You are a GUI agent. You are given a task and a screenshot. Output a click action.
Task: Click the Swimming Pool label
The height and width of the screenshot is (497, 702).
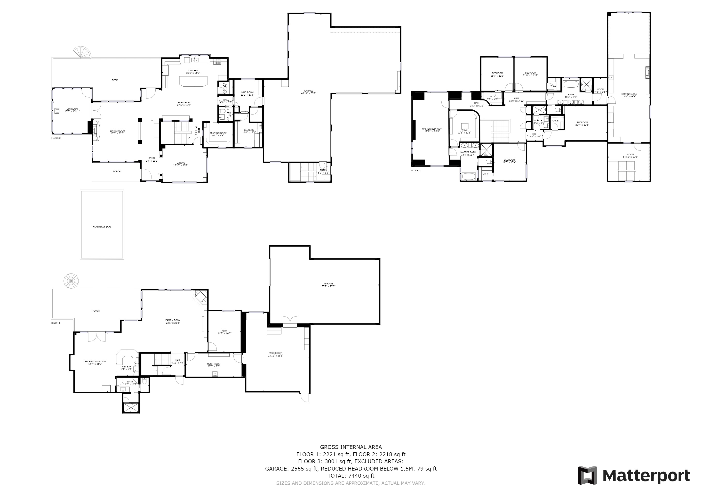tap(102, 227)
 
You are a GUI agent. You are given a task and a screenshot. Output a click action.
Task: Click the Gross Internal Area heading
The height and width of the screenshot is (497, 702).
tap(351, 447)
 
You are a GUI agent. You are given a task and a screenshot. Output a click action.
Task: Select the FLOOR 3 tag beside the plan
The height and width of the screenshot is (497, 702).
tap(416, 170)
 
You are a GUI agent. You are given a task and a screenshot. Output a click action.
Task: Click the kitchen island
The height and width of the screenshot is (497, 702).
tap(193, 81)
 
